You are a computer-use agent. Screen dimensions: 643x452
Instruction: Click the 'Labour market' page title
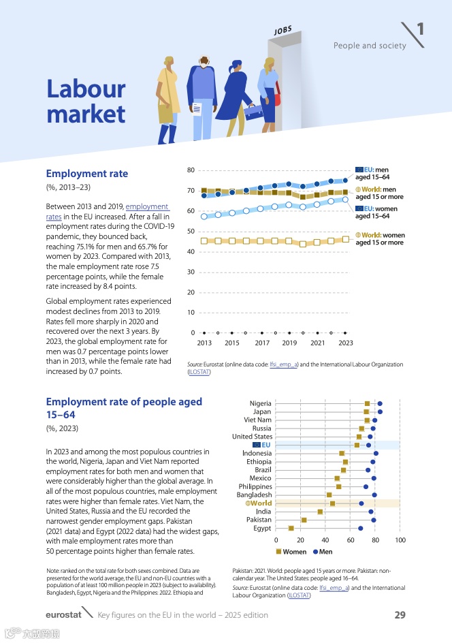tap(86, 100)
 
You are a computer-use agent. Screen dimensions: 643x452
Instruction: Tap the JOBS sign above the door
tap(283, 31)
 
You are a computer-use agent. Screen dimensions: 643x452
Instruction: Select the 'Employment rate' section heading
tap(86, 174)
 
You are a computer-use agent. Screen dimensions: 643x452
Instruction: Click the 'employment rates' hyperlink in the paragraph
tap(148, 206)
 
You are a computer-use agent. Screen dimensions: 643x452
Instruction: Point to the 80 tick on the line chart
tap(191, 170)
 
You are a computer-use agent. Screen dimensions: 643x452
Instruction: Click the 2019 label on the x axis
tap(289, 343)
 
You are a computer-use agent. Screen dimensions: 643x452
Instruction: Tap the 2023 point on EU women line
tap(345, 200)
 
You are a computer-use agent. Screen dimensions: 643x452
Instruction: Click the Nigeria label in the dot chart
tap(261, 404)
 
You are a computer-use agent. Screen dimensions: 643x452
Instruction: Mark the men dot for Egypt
tap(360, 528)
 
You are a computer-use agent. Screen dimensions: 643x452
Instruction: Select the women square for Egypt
tap(291, 528)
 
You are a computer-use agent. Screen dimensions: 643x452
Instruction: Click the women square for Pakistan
tap(304, 520)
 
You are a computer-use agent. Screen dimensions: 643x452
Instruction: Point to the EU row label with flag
tap(262, 445)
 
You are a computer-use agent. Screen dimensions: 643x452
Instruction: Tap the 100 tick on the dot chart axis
tap(400, 540)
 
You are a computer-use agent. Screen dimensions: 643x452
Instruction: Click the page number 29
tap(400, 615)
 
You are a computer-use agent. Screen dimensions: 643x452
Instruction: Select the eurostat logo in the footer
tap(63, 615)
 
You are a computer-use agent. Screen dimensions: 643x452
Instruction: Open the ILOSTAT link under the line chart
tap(199, 372)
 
